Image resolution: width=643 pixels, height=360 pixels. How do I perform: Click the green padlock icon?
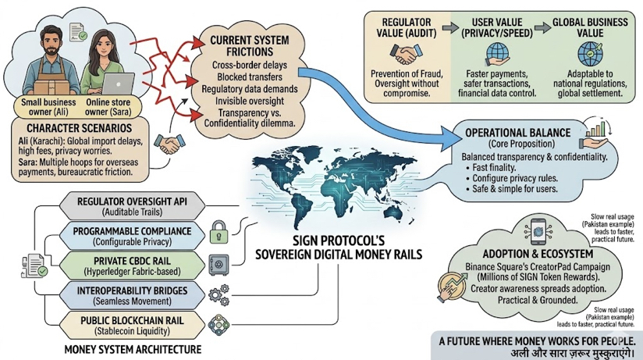(219, 230)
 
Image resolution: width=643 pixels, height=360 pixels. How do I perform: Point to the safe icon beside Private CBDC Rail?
(219, 262)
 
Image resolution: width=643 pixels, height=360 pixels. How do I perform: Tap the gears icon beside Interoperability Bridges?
(219, 294)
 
